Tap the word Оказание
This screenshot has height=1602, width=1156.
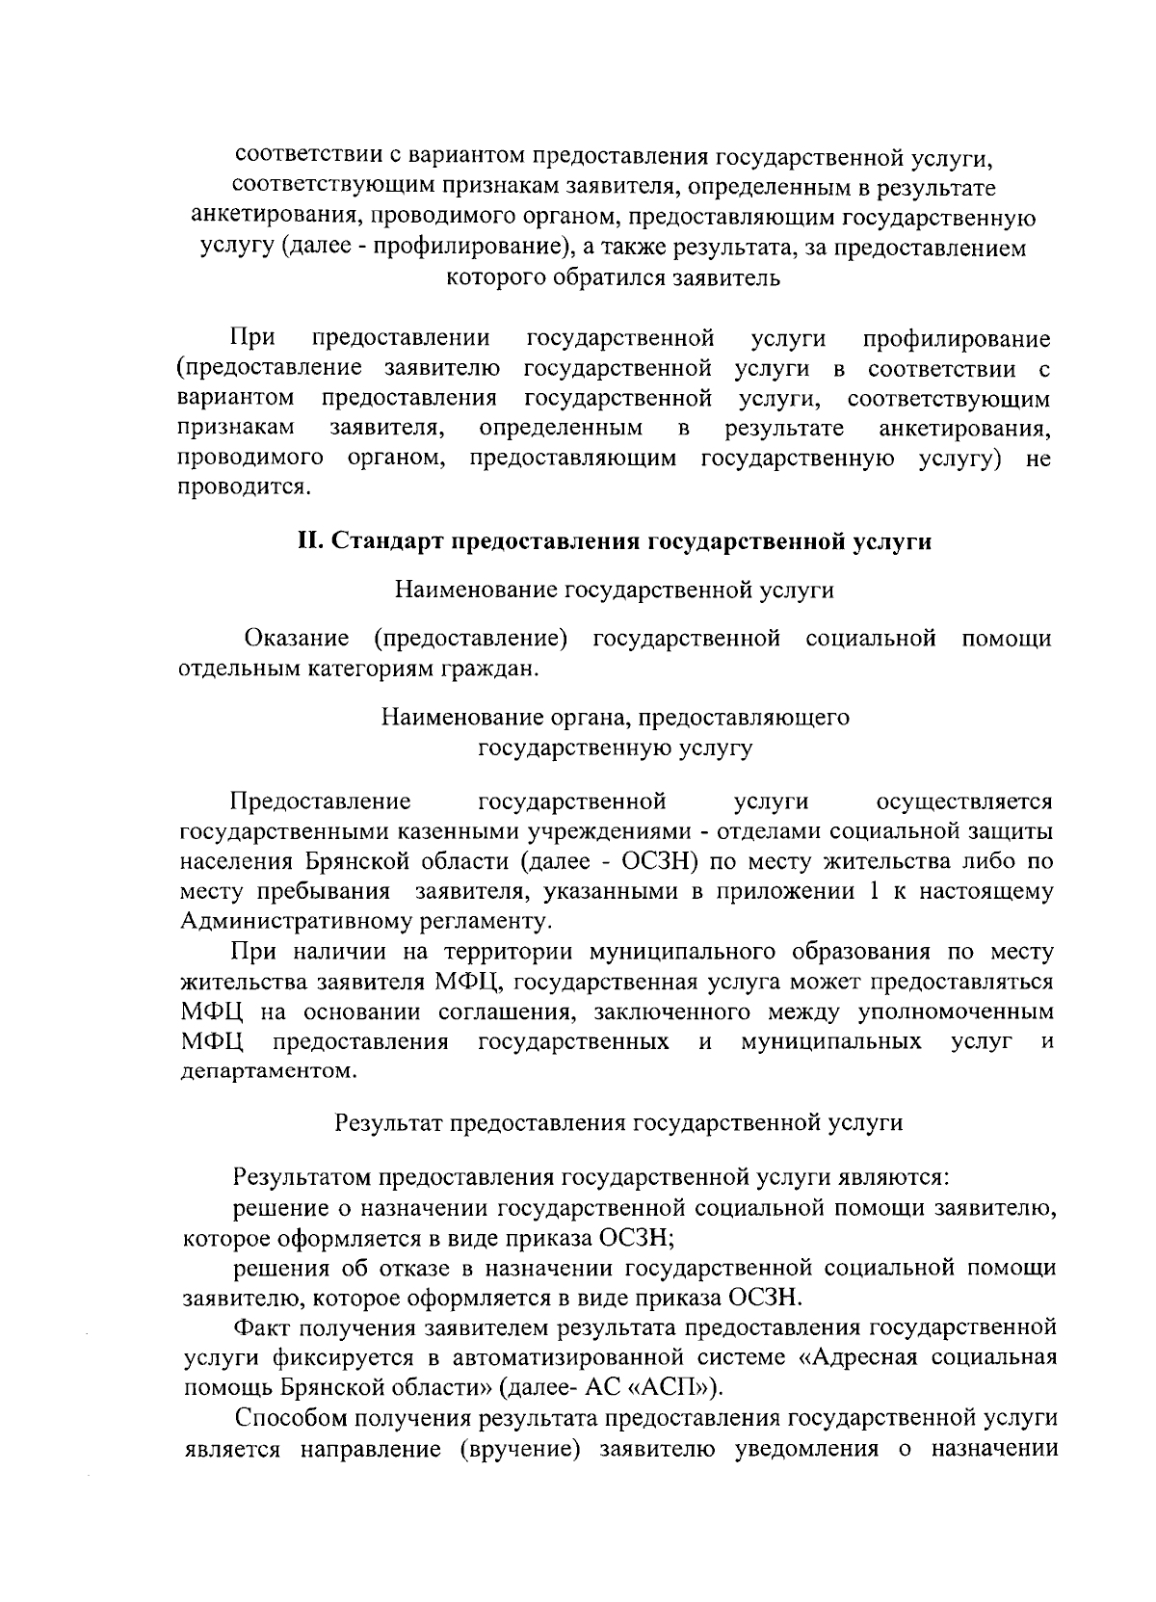click(297, 638)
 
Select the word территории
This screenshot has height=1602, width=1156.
click(509, 952)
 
